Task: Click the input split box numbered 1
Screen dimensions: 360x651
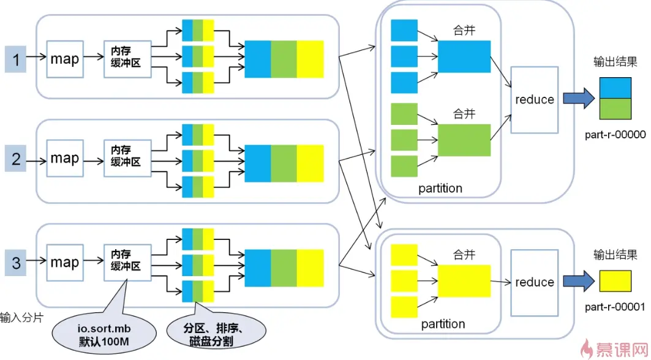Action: [x=17, y=59]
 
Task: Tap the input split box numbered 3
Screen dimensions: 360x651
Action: [x=17, y=264]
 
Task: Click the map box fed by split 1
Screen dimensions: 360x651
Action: [x=64, y=59]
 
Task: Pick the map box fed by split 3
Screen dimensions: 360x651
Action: [x=64, y=263]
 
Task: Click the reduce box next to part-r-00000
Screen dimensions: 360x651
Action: [x=534, y=99]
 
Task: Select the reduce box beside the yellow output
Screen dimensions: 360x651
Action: [x=534, y=282]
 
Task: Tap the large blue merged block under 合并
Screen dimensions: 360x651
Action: [x=464, y=56]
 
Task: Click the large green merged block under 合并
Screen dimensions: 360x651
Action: [x=464, y=140]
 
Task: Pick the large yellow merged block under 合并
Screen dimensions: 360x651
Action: [x=464, y=281]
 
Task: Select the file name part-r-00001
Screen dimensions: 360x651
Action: [x=615, y=309]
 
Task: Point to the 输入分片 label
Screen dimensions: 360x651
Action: [x=21, y=318]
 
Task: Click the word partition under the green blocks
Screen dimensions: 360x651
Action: [x=440, y=188]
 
